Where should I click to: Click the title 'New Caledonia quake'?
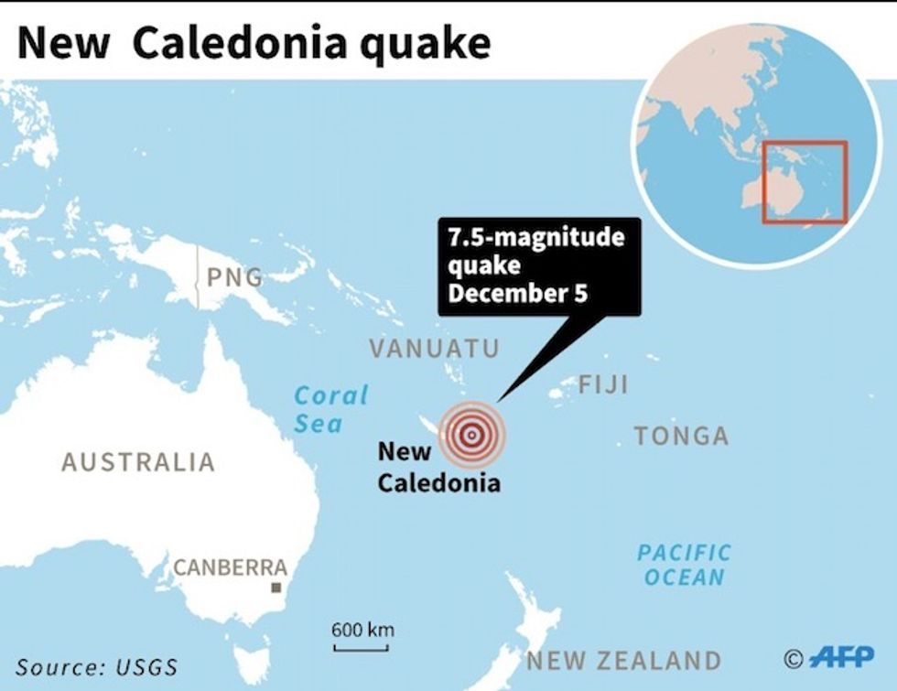click(x=254, y=43)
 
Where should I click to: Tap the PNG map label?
click(x=234, y=276)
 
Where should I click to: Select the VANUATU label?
click(x=435, y=348)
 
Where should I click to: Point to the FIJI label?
click(x=603, y=384)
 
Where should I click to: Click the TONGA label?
click(x=682, y=436)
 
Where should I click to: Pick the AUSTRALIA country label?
click(x=138, y=462)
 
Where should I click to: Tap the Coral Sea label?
click(x=330, y=409)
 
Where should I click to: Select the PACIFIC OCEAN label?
click(x=684, y=565)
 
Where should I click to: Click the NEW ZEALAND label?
click(x=623, y=660)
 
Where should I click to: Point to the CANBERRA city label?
click(x=231, y=567)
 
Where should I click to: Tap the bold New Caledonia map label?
click(x=438, y=467)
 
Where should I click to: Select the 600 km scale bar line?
click(x=362, y=649)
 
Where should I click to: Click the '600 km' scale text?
click(x=362, y=630)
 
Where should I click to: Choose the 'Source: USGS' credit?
click(x=96, y=667)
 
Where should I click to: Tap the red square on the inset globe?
click(x=805, y=182)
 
